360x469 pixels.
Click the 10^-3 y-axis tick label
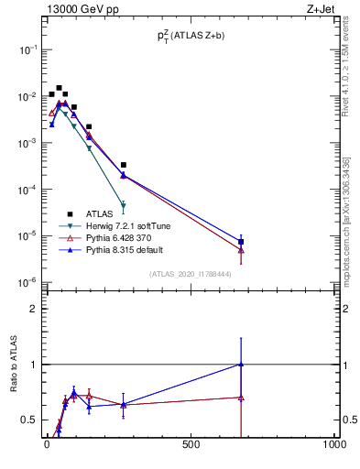26,143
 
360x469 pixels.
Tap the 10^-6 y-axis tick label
26,282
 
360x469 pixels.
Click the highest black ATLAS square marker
59,88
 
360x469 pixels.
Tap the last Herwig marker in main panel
123,206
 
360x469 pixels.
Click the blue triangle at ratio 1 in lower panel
241,364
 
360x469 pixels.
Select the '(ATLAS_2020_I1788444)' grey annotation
191,274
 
